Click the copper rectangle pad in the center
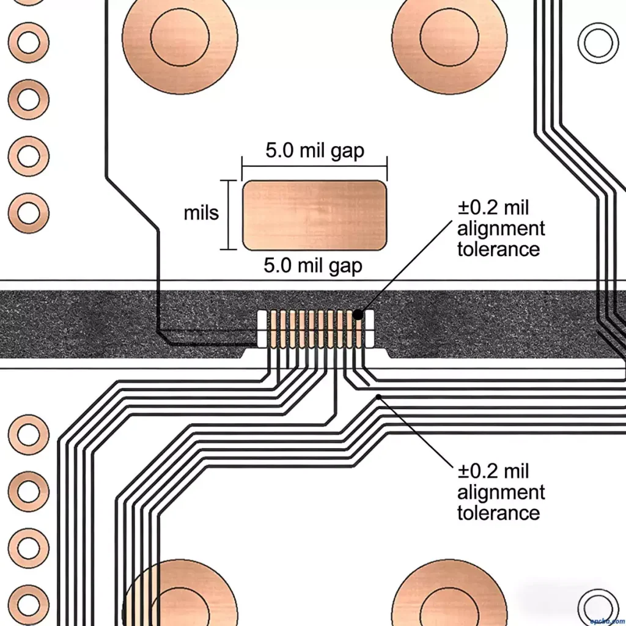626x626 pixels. [314, 215]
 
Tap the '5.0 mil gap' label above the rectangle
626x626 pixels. [314, 150]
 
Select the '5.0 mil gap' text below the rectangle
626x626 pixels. [313, 266]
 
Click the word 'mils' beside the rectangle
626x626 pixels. [201, 213]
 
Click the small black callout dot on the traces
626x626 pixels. [380, 397]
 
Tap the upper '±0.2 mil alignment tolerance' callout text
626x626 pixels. [501, 229]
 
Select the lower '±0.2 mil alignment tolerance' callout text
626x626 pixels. [501, 492]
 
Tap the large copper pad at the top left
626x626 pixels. [180, 37]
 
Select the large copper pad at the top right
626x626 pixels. [449, 37]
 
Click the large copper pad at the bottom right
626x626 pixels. [449, 596]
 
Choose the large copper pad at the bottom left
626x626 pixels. [180, 596]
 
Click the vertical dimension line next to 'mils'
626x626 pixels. [229, 215]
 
